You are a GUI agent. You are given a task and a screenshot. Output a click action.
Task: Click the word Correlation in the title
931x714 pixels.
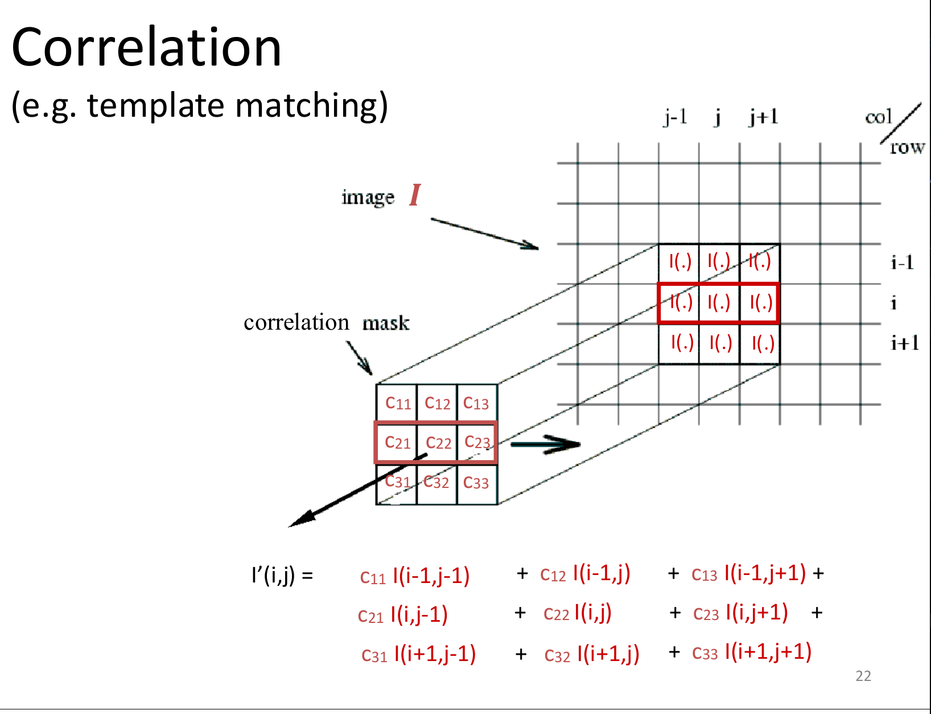click(146, 48)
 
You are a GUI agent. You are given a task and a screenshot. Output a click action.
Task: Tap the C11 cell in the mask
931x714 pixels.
click(397, 403)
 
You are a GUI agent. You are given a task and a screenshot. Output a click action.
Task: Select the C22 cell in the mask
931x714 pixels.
click(438, 442)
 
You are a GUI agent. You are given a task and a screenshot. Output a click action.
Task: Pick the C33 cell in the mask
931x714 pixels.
click(476, 483)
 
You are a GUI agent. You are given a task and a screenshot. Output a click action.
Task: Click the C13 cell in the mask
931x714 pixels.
click(476, 403)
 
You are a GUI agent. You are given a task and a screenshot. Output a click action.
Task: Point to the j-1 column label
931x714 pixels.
click(675, 117)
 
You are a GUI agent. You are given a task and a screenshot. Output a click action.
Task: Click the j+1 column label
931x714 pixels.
click(763, 117)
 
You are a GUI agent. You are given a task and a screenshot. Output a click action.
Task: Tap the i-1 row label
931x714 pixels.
click(902, 262)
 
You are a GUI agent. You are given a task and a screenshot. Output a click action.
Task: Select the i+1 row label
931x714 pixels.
click(905, 343)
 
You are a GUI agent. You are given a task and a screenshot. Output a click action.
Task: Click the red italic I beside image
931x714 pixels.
click(415, 195)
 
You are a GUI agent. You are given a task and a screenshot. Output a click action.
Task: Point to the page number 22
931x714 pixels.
click(863, 676)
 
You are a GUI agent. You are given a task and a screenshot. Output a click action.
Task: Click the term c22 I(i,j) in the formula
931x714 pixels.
click(577, 613)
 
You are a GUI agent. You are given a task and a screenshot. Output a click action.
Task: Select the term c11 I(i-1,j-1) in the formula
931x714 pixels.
click(414, 576)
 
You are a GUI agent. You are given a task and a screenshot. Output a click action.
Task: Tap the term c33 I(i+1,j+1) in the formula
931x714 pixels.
click(751, 652)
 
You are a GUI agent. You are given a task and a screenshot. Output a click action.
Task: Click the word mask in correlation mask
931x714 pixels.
click(386, 323)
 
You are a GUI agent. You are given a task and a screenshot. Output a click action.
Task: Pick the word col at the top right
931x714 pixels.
click(878, 117)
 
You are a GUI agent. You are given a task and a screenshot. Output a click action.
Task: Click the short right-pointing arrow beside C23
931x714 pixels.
click(545, 444)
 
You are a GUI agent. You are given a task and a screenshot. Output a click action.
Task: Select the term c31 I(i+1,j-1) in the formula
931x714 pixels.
click(418, 654)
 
